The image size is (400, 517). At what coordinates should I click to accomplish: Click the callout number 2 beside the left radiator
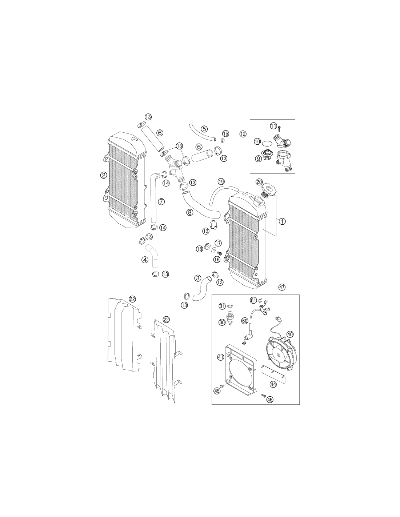[103, 175]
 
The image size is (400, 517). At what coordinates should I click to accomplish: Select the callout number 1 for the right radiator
[282, 221]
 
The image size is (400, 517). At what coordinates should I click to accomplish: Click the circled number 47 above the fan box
[282, 288]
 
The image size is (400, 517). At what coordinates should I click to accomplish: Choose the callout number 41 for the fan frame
[220, 364]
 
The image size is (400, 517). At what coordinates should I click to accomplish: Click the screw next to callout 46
[263, 395]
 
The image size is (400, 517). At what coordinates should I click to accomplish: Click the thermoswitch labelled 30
[230, 317]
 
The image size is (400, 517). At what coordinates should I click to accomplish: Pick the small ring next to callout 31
[230, 305]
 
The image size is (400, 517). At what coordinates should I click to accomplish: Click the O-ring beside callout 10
[267, 144]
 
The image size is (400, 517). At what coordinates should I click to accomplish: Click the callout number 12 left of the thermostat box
[243, 134]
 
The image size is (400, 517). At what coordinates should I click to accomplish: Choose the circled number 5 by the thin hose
[204, 129]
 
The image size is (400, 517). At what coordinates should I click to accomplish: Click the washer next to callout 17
[213, 249]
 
